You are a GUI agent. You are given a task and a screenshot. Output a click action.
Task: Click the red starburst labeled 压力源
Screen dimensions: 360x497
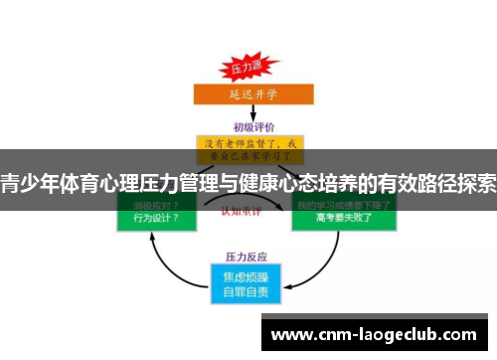(246, 70)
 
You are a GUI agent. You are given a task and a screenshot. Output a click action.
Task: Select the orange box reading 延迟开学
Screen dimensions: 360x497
(248, 95)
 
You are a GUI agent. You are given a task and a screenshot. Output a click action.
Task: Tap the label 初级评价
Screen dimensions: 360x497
(249, 127)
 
